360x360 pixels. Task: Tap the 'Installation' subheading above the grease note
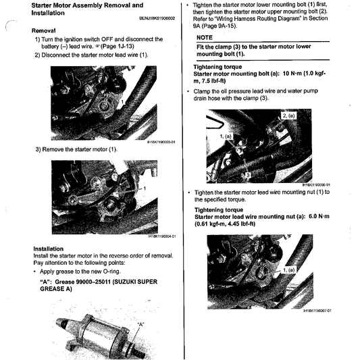pos(53,248)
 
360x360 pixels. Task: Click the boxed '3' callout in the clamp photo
pos(248,174)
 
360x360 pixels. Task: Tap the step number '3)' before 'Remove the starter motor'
pos(38,149)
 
